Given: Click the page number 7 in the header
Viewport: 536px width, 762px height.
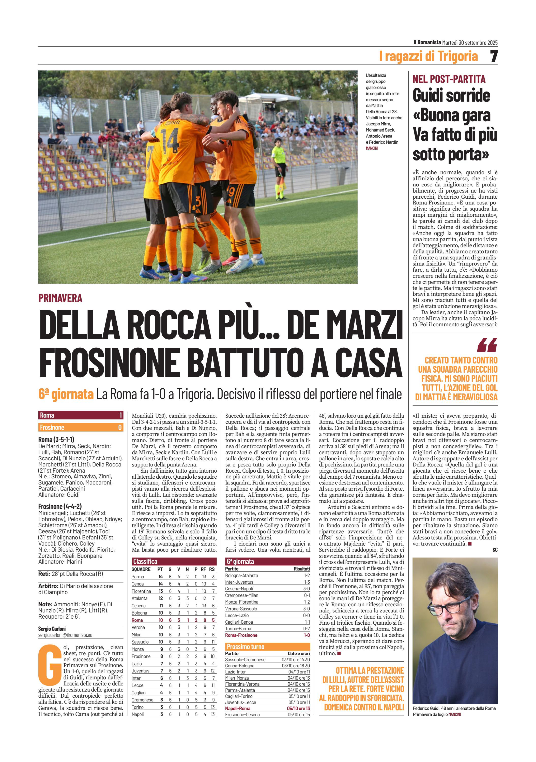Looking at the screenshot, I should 494,56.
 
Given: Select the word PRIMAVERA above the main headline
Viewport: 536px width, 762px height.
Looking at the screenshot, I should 60,298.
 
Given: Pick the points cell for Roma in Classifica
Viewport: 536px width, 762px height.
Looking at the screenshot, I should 161,620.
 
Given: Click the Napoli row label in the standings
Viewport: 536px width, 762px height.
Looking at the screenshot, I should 138,714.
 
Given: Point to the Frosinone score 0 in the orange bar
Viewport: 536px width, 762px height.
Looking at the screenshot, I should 120,427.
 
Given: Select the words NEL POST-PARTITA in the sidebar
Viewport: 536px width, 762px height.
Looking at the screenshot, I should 449,79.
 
